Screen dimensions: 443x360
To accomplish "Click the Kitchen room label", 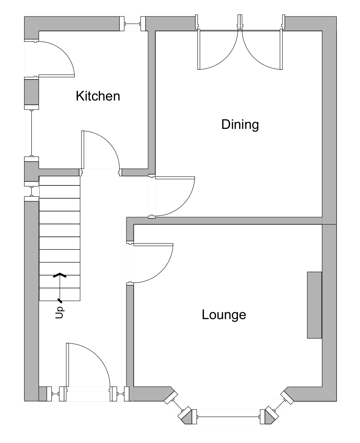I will click(98, 96).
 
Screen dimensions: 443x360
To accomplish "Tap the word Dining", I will click(240, 125).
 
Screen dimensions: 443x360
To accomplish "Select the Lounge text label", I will click(224, 315).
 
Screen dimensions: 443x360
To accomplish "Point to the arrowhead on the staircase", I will click(60, 275).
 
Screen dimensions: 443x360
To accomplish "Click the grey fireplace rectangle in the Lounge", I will click(314, 305).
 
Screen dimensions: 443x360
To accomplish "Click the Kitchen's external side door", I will click(54, 58).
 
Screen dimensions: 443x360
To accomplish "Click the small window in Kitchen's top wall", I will click(132, 24).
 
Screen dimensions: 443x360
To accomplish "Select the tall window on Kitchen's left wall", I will click(31, 132).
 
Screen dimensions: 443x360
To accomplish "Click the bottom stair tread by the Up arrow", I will click(60, 294).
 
